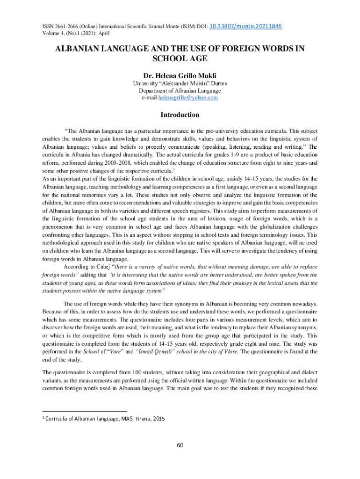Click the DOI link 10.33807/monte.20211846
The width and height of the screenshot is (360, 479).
(246, 26)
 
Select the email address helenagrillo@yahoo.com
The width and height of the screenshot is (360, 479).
(188, 98)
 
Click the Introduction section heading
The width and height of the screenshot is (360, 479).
(180, 115)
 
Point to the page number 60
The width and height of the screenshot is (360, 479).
(180, 445)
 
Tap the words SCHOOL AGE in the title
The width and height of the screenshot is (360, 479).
(180, 58)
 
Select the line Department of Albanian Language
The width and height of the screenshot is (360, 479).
(180, 91)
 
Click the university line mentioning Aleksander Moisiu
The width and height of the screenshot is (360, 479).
(180, 84)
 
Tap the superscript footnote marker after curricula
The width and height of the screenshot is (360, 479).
(174, 169)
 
